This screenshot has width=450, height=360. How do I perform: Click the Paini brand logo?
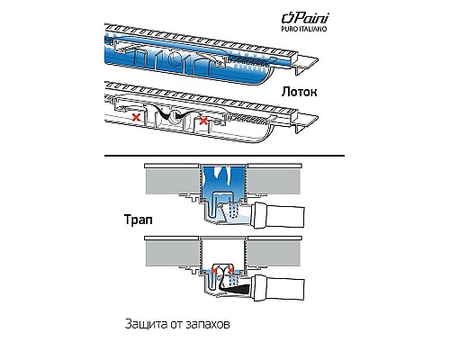coord(305,18)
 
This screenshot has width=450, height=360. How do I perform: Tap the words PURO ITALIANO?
coord(303,29)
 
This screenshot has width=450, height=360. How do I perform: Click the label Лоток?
coord(299,92)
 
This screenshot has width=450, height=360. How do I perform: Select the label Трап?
coord(139,220)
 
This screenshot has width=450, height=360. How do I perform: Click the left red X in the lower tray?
coord(137,117)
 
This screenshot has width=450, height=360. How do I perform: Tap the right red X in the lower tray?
coord(203,121)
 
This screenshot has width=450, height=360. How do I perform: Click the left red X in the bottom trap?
coord(213,271)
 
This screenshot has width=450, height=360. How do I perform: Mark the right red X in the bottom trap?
coord(230,271)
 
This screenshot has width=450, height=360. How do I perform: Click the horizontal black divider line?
coord(224,156)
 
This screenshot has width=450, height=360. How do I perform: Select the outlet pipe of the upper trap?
coord(278,215)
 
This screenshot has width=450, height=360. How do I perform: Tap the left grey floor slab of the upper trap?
coord(172,182)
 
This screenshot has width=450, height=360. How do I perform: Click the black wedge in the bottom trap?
coord(236,289)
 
